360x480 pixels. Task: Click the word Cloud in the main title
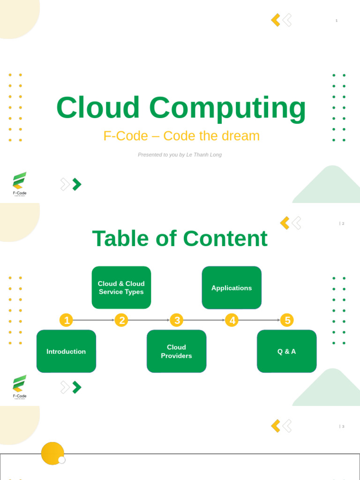click(98, 108)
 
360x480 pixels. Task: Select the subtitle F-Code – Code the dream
click(181, 136)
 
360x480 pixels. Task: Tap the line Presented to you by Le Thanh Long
click(180, 155)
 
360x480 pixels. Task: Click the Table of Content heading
click(180, 239)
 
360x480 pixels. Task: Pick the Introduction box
click(66, 352)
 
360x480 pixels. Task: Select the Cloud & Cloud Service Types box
click(121, 288)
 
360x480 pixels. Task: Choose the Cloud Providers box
click(176, 352)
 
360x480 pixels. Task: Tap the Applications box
click(232, 288)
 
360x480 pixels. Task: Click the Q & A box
click(286, 352)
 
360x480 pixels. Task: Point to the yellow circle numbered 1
click(67, 320)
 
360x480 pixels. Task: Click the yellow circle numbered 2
click(121, 320)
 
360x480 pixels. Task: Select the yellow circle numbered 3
click(176, 320)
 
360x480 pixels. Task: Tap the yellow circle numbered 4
click(232, 320)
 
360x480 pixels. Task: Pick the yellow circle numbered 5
click(287, 320)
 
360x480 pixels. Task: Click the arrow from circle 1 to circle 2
click(94, 320)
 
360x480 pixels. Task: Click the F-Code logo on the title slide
click(20, 183)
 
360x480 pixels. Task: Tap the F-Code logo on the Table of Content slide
click(20, 386)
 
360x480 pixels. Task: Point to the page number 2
click(343, 224)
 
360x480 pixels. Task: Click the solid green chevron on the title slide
click(77, 184)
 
